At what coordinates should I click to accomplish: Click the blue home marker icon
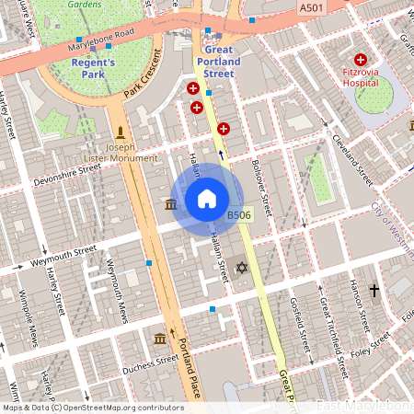206,198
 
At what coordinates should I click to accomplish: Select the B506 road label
239,214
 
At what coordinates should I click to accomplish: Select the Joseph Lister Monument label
121,152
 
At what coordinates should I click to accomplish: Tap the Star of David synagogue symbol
242,268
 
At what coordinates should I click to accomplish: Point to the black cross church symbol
374,291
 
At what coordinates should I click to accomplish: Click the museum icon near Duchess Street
160,339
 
